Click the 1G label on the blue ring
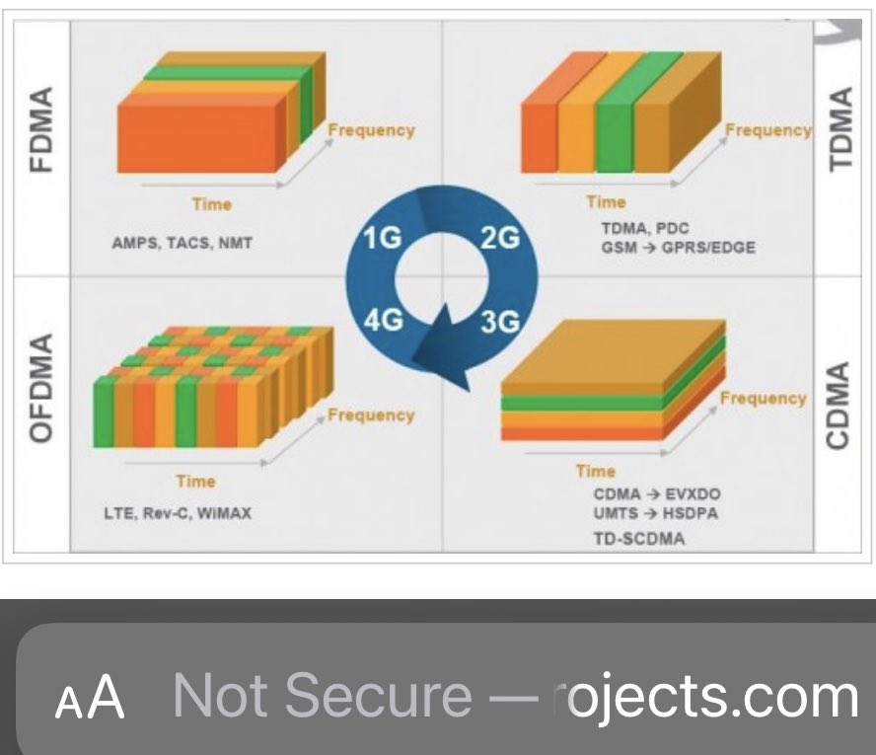coord(382,240)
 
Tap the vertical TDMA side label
coord(839,128)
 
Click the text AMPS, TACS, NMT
coord(182,243)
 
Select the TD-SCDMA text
coord(638,538)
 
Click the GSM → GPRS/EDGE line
coord(678,248)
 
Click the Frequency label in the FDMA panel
coord(371,130)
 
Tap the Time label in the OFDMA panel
coord(195,481)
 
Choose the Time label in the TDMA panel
coord(606,202)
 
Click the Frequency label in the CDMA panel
coord(763,398)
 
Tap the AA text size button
coord(90,698)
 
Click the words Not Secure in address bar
coord(322,696)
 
